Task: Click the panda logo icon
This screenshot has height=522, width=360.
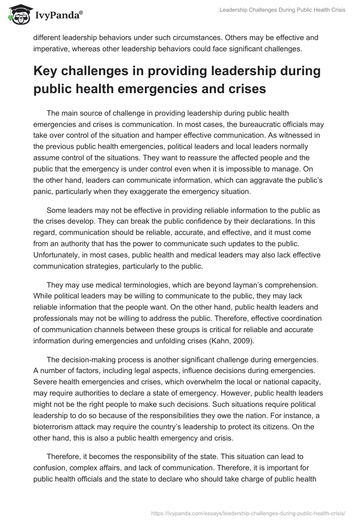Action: click(18, 14)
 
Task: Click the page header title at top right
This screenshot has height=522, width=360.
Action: click(282, 10)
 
